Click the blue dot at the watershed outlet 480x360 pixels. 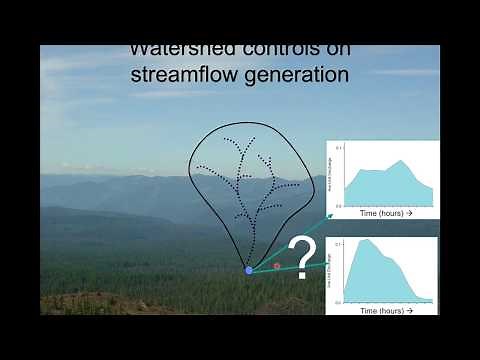click(249, 270)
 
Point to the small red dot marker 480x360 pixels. click(277, 266)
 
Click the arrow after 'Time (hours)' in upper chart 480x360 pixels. click(409, 214)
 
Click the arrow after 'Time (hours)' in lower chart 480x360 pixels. click(409, 310)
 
